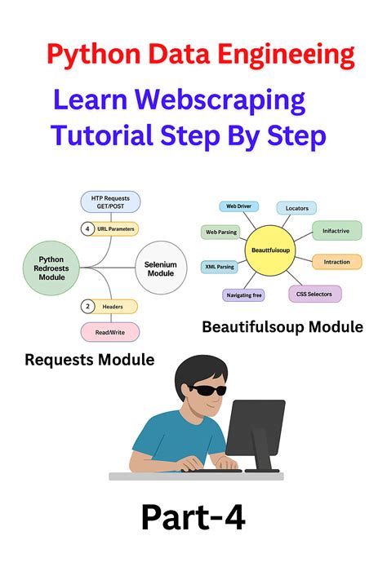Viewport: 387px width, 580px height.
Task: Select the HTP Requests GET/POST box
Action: (110, 201)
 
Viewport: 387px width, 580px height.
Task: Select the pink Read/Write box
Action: (110, 332)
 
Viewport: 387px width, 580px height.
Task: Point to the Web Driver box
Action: (238, 207)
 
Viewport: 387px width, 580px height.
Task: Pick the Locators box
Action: (296, 208)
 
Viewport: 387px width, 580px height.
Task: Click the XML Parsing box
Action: (219, 267)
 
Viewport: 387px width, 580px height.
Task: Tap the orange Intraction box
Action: (336, 262)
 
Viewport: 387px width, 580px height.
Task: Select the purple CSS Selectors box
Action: (315, 293)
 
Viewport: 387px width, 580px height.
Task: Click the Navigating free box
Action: (243, 295)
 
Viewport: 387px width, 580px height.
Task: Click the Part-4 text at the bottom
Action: (193, 517)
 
